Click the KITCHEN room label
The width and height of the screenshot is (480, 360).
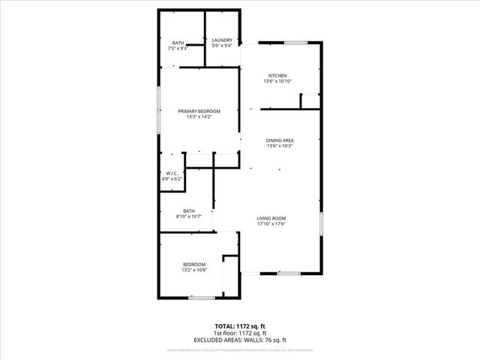(278, 76)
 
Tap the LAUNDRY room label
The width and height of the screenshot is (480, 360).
(222, 40)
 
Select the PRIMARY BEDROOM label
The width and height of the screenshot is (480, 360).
(199, 111)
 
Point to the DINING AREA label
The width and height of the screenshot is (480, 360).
(279, 140)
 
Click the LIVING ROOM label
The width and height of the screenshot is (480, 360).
(272, 218)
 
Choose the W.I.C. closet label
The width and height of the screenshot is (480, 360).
(172, 173)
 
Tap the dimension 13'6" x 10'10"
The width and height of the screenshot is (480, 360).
(278, 82)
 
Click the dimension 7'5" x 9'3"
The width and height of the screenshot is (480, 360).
(178, 49)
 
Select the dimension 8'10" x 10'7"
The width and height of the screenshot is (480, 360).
(189, 217)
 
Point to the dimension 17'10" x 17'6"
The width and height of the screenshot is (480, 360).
(272, 224)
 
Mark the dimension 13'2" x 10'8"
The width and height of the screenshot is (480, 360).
(194, 270)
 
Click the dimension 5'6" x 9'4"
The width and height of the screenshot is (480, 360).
(222, 46)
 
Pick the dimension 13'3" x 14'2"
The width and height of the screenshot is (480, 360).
(199, 117)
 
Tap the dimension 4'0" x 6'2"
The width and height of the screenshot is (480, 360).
(172, 179)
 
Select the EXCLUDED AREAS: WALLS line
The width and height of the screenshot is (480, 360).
(240, 340)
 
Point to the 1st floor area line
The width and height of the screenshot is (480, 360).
(240, 334)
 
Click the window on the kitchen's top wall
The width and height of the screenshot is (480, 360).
(295, 43)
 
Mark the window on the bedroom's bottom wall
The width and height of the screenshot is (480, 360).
(202, 298)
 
